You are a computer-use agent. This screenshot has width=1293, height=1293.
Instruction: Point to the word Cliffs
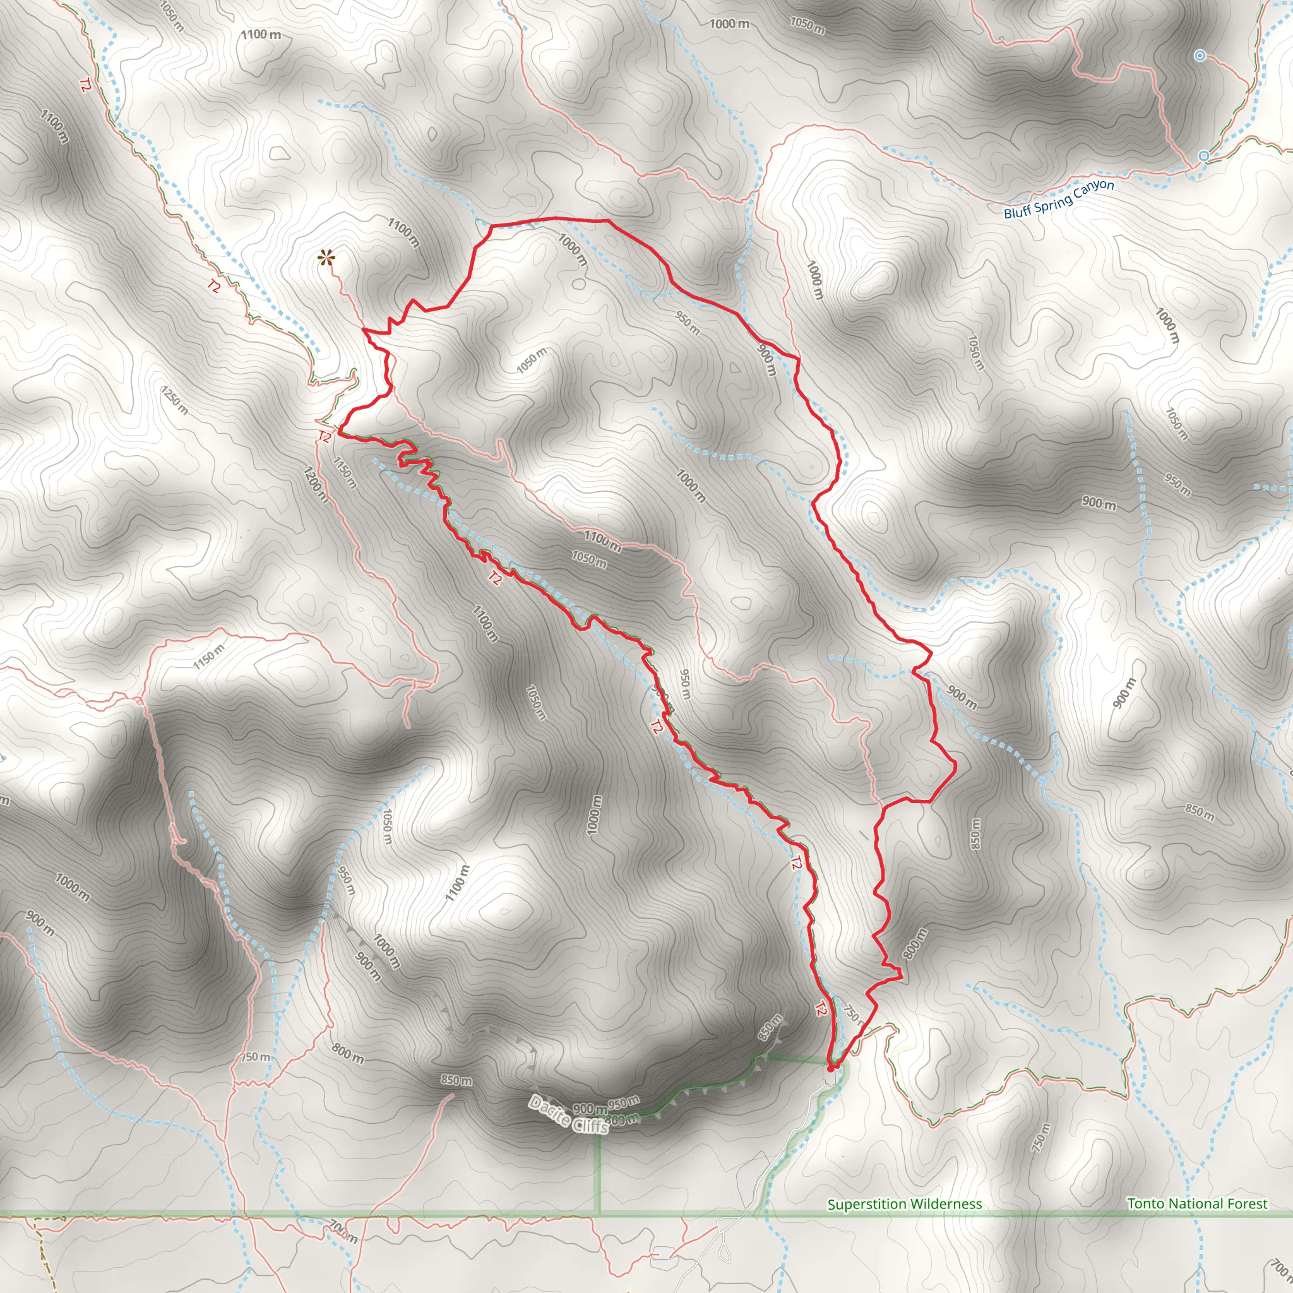coord(590,1126)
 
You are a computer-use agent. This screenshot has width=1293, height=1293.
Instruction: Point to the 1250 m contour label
coord(174,400)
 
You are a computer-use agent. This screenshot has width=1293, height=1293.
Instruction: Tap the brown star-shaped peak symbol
coord(326,258)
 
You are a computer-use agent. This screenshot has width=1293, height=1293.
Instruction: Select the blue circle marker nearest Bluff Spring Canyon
coord(1203,156)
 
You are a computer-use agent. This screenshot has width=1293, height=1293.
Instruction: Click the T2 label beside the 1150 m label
coord(325,437)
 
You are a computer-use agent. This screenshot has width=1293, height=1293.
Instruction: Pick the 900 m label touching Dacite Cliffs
coord(589,1110)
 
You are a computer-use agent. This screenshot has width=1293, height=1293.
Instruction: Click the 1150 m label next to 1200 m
coord(344,472)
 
